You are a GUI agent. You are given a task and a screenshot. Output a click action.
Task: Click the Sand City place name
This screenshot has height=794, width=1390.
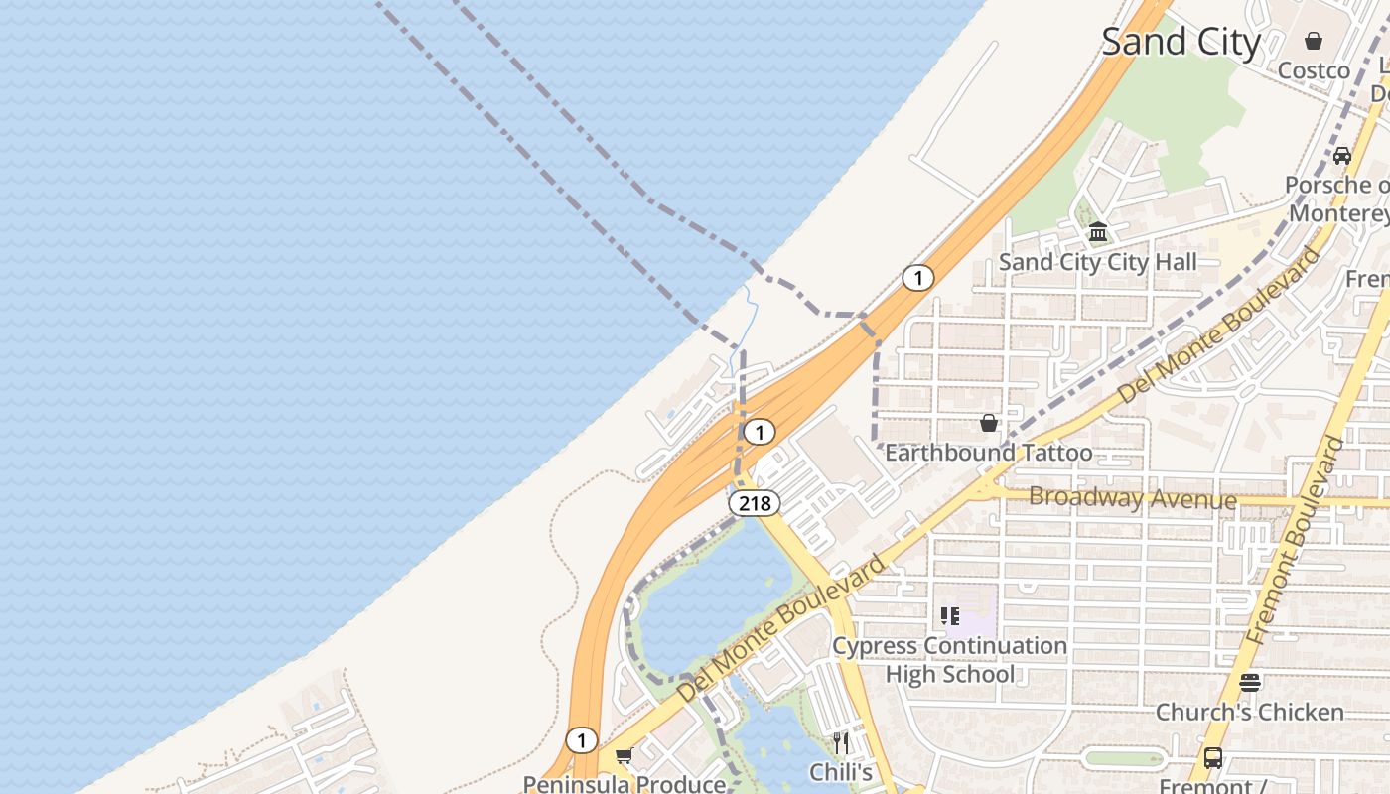point(1181,42)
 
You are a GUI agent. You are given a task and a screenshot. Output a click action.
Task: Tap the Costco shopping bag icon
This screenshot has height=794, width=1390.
point(1314,41)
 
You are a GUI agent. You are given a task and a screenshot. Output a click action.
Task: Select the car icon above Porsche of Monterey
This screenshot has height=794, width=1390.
point(1342,155)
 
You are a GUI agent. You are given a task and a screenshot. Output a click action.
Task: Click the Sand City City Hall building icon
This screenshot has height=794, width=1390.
point(1098,232)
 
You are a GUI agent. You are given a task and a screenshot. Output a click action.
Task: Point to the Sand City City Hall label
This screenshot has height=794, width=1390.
point(1097,262)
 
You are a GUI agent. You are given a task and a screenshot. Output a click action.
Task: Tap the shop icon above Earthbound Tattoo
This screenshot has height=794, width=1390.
point(989,423)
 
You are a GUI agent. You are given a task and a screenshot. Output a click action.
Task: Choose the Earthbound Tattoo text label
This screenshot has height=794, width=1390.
point(988,453)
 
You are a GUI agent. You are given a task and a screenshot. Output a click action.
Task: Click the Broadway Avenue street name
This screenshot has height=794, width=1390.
point(1132,497)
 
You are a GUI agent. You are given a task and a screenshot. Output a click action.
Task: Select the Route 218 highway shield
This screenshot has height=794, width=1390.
point(755,503)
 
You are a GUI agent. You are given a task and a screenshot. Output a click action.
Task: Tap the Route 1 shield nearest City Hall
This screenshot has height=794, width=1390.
point(917,278)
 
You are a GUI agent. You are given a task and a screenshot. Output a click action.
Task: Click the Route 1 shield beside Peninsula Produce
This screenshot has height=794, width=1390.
point(581,740)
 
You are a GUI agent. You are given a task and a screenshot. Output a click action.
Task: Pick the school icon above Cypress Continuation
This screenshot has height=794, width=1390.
point(950,616)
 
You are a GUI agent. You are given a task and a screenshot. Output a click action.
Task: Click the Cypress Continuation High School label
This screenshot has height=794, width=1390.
point(949,660)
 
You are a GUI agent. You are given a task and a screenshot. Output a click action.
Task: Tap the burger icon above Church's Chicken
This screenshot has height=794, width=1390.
point(1249,682)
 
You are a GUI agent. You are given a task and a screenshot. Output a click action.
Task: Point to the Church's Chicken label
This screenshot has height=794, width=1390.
point(1249,712)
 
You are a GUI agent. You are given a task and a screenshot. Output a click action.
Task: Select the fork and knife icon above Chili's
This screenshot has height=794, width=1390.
point(841,742)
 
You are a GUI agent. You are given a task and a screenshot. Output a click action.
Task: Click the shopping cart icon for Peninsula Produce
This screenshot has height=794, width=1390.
point(624,756)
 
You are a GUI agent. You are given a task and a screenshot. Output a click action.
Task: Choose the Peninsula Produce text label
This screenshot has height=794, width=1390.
point(624,784)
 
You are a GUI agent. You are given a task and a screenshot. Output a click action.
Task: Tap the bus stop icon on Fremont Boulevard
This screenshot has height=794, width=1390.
point(1213,758)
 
